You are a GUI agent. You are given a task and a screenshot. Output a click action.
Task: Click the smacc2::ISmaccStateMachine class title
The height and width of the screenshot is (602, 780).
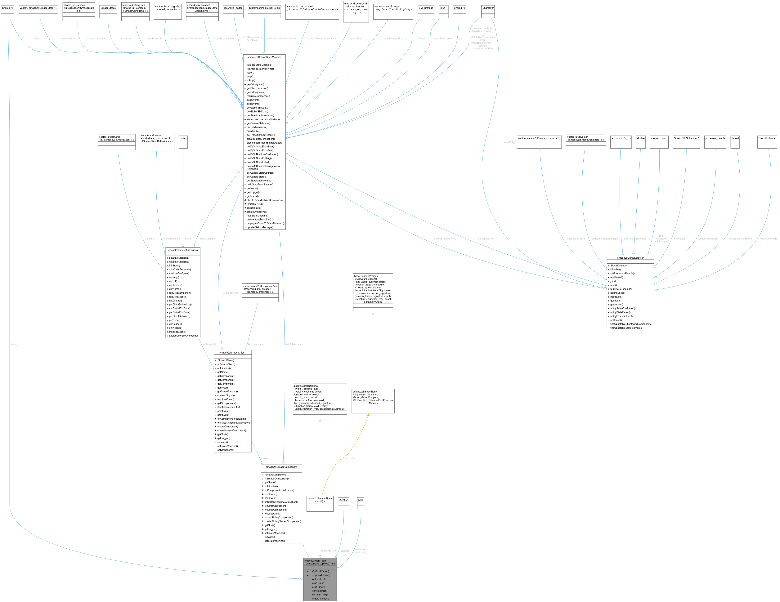[x=264, y=57]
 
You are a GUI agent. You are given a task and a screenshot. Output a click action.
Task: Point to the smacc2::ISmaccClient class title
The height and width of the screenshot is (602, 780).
[x=232, y=352]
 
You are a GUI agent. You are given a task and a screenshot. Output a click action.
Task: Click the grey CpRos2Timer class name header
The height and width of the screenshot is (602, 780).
[x=320, y=562]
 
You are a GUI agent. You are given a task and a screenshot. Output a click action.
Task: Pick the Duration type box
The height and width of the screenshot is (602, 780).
[x=343, y=500]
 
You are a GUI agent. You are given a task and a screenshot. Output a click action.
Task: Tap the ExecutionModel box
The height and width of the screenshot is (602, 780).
[x=767, y=138]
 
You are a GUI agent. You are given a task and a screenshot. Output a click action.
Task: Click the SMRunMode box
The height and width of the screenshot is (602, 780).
[x=426, y=8]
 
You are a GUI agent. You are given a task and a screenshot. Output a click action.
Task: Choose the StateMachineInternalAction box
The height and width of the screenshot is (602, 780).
[x=264, y=8]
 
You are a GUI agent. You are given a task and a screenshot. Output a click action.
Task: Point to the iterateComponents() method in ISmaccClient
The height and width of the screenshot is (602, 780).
[x=229, y=407]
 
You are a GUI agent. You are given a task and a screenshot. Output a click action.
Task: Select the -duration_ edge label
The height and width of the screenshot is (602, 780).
[x=345, y=551]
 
